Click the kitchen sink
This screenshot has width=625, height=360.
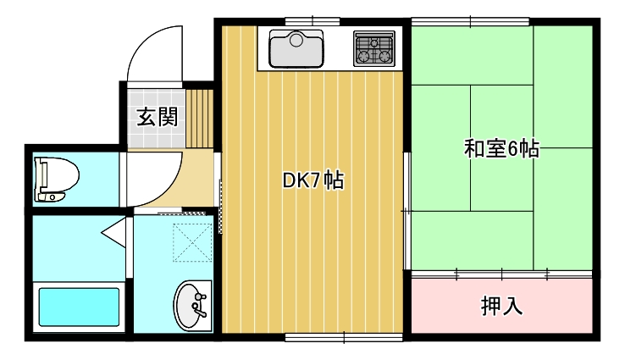point(296,48)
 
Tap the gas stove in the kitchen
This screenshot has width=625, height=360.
point(374,48)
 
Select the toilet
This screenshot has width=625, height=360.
point(57,179)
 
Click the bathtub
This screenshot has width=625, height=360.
point(79,307)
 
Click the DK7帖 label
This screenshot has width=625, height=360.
point(313,180)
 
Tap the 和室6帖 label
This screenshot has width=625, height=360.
point(501,149)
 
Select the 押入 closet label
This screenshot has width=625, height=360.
point(501,306)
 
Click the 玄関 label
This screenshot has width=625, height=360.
point(157,117)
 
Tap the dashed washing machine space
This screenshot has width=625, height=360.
point(192,242)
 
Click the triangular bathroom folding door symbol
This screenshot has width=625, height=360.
point(114,232)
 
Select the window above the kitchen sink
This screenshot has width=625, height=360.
point(312,21)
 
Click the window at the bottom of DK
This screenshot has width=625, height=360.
point(344,338)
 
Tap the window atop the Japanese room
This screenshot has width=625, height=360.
point(470,21)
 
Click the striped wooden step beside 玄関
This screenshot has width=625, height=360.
point(199,119)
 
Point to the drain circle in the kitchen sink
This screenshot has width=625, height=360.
point(296,41)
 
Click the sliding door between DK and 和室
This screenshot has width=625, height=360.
point(407,211)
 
